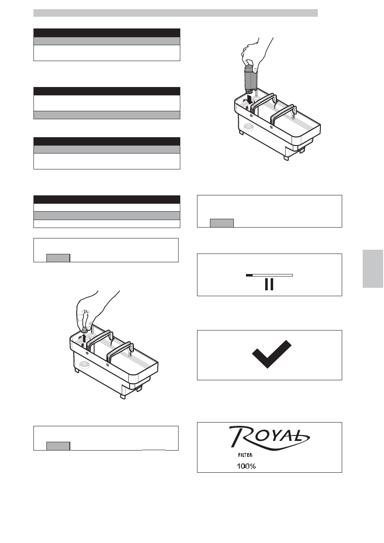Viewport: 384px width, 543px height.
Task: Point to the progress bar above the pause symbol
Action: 269,275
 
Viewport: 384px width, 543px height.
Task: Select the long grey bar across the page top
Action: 175,13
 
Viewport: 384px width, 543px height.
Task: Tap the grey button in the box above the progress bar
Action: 222,223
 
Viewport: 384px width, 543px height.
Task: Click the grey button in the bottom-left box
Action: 58,446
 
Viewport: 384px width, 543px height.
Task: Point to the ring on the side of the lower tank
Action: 84,365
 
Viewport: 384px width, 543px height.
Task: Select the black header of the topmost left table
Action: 107,33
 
